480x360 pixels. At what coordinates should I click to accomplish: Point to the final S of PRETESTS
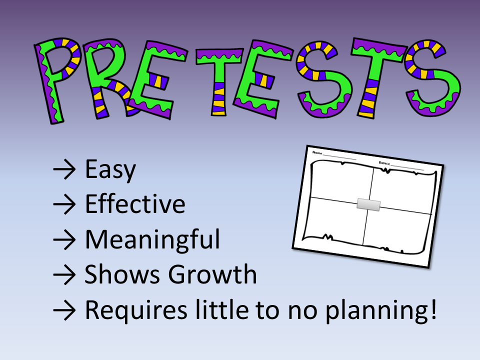point(430,77)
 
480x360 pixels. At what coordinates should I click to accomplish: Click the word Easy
point(110,170)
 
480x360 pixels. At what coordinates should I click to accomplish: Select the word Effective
point(135,204)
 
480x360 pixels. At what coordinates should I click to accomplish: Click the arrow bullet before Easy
point(64,170)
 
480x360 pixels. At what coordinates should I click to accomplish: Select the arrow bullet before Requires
point(64,310)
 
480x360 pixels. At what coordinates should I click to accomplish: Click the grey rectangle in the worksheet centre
point(368,204)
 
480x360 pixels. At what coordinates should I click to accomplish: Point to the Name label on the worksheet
point(317,152)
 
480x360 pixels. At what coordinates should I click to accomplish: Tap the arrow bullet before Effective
point(64,205)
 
